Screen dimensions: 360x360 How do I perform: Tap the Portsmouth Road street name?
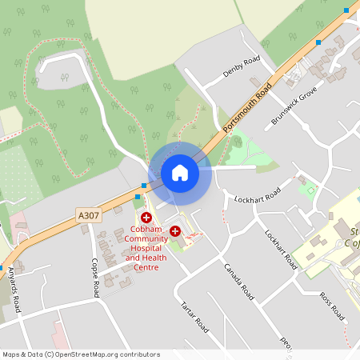[x=247, y=106]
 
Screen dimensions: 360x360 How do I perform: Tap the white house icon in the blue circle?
[x=179, y=173]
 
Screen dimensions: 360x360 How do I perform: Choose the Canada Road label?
[x=238, y=281]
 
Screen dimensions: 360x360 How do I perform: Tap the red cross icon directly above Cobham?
[x=146, y=218]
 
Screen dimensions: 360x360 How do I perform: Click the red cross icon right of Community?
[x=174, y=230]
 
